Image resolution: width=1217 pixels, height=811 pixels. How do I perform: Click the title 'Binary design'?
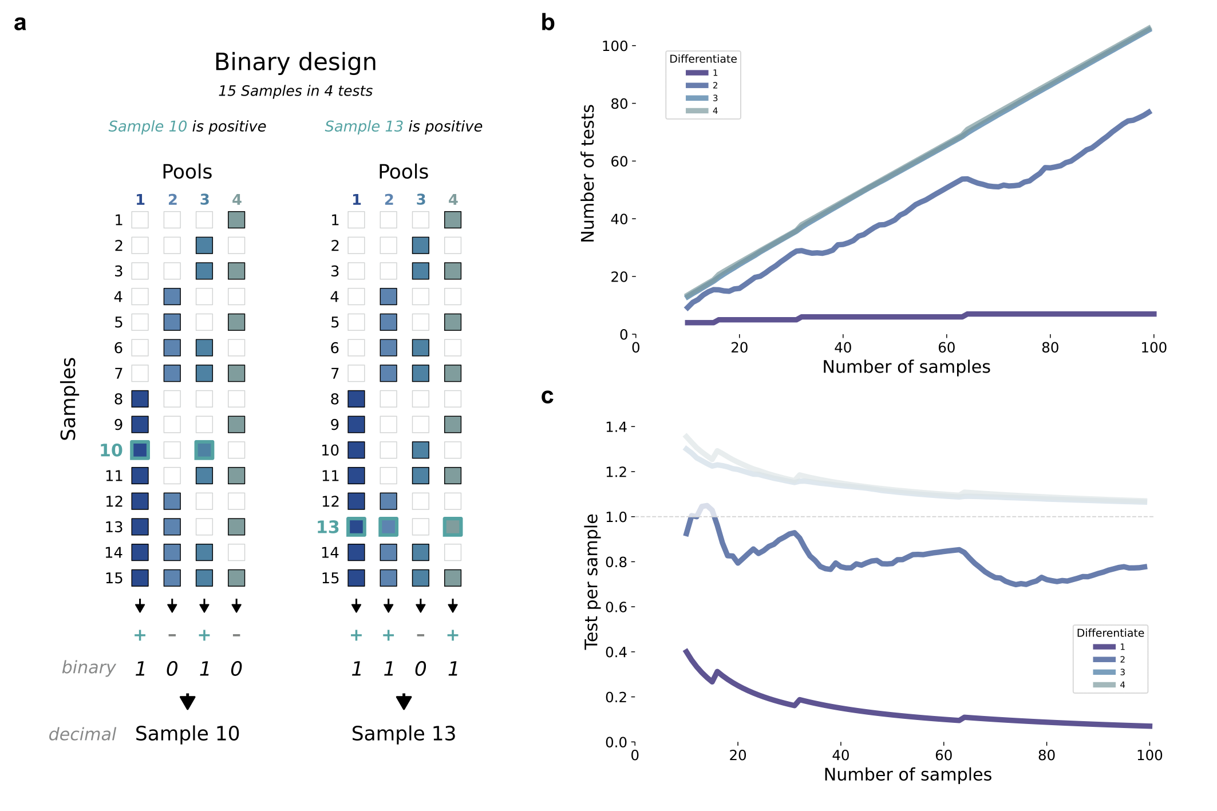pyautogui.click(x=295, y=62)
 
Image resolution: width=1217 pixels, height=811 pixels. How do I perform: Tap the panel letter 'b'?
pyautogui.click(x=548, y=23)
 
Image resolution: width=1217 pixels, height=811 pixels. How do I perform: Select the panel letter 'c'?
pyautogui.click(x=547, y=396)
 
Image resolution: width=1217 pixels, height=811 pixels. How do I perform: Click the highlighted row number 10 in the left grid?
pyautogui.click(x=111, y=450)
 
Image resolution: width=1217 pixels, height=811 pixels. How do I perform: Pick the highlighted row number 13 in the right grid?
pyautogui.click(x=327, y=527)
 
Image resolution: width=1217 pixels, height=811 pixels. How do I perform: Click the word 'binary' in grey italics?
pyautogui.click(x=89, y=667)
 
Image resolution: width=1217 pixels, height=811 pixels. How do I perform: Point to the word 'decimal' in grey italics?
pyautogui.click(x=82, y=734)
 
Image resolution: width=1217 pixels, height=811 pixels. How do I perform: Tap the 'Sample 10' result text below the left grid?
pyautogui.click(x=187, y=734)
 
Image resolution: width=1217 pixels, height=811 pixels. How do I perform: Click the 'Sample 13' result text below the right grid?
pyautogui.click(x=404, y=734)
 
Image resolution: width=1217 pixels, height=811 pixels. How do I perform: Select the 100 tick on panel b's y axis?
pyautogui.click(x=615, y=46)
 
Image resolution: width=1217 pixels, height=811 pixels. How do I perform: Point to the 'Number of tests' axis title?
pyautogui.click(x=588, y=173)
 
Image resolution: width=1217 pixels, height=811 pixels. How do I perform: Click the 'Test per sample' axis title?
pyautogui.click(x=591, y=581)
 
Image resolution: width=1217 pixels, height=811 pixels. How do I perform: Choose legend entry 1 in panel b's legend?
pyautogui.click(x=715, y=73)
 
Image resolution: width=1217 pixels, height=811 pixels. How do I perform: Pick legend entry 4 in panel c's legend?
pyautogui.click(x=1122, y=685)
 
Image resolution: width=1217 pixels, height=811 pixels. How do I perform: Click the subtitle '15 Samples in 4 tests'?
pyautogui.click(x=295, y=91)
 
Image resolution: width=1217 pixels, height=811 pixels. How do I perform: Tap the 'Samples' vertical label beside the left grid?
pyautogui.click(x=69, y=399)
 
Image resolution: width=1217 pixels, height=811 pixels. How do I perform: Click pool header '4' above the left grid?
pyautogui.click(x=236, y=200)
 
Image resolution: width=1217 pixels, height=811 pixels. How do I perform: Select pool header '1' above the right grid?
pyautogui.click(x=356, y=200)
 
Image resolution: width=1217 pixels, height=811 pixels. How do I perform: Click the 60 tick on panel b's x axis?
pyautogui.click(x=946, y=347)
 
